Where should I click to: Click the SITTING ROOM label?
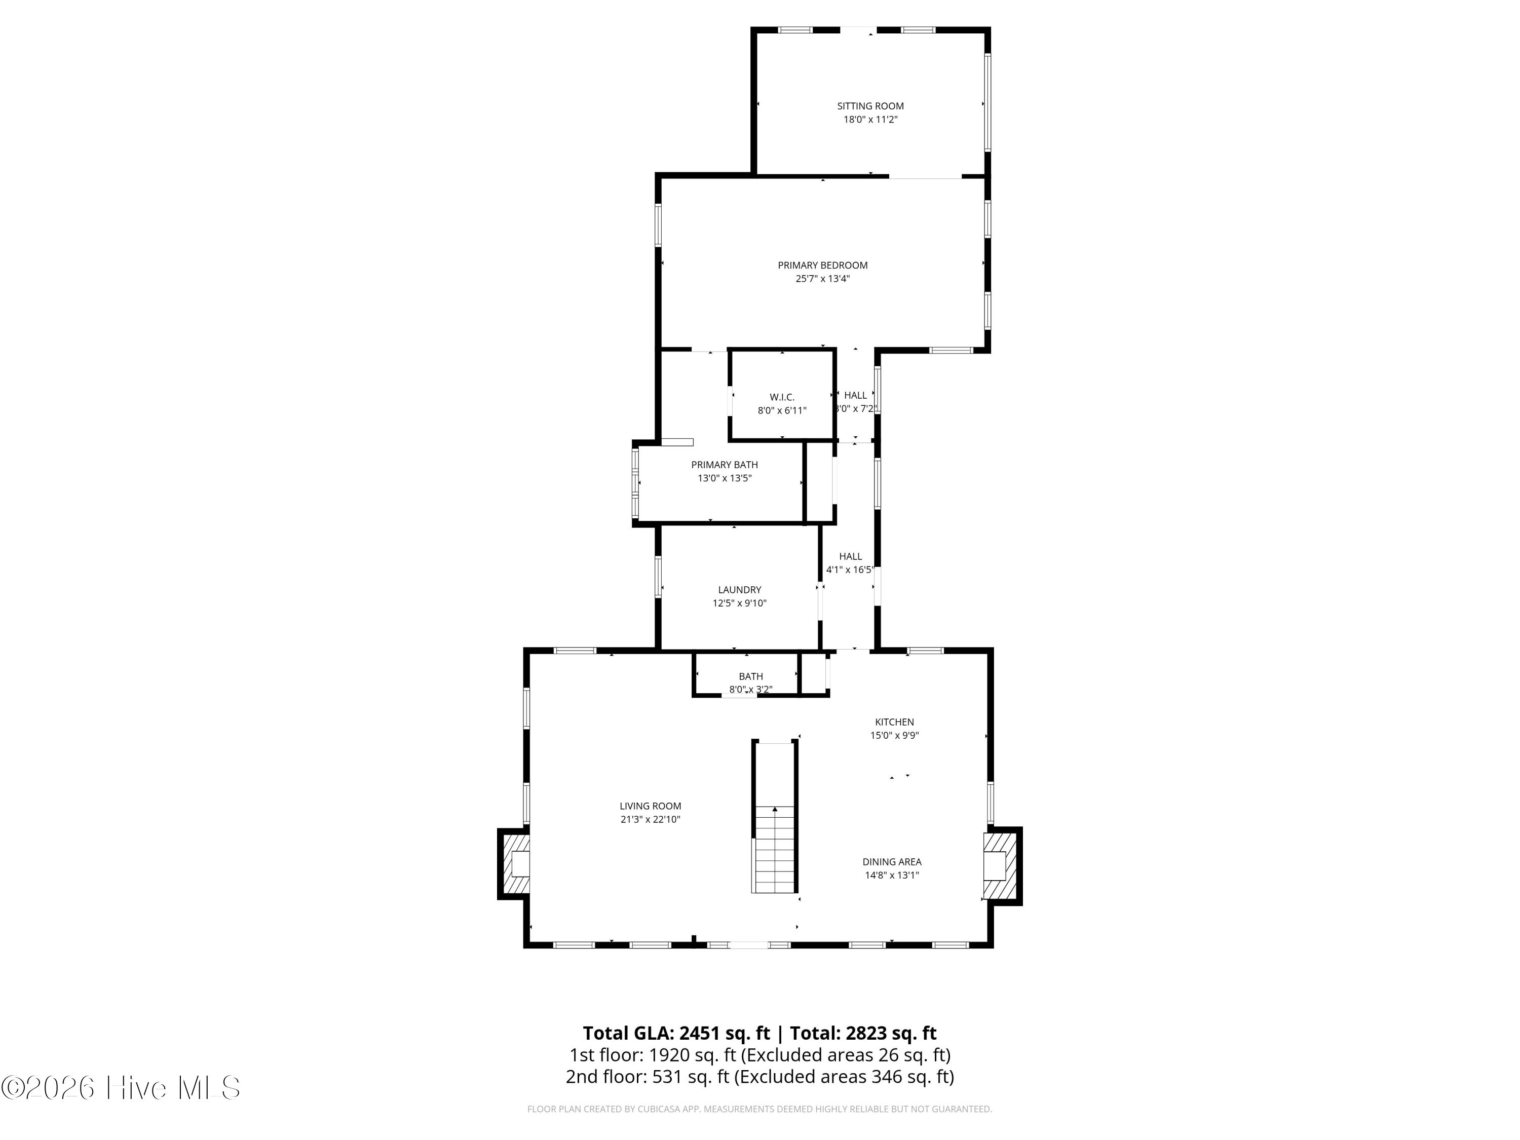click(870, 106)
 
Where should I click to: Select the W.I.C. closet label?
click(782, 397)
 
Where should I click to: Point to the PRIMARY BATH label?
click(724, 465)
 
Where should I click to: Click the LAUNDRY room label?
click(739, 590)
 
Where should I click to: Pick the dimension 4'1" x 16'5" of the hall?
click(850, 569)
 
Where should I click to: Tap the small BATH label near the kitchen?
click(750, 676)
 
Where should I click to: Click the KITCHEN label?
click(894, 721)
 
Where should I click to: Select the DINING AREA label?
click(892, 862)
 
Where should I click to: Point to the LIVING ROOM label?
click(650, 806)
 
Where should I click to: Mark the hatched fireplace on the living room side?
click(515, 864)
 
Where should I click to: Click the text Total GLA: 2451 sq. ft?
click(676, 1033)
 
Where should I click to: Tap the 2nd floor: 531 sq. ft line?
click(759, 1076)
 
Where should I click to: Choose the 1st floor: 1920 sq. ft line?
click(759, 1055)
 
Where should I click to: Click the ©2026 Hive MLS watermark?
click(121, 1088)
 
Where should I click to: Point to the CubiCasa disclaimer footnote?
click(759, 1109)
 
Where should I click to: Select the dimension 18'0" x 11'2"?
click(870, 120)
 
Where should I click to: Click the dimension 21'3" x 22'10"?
click(650, 820)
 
